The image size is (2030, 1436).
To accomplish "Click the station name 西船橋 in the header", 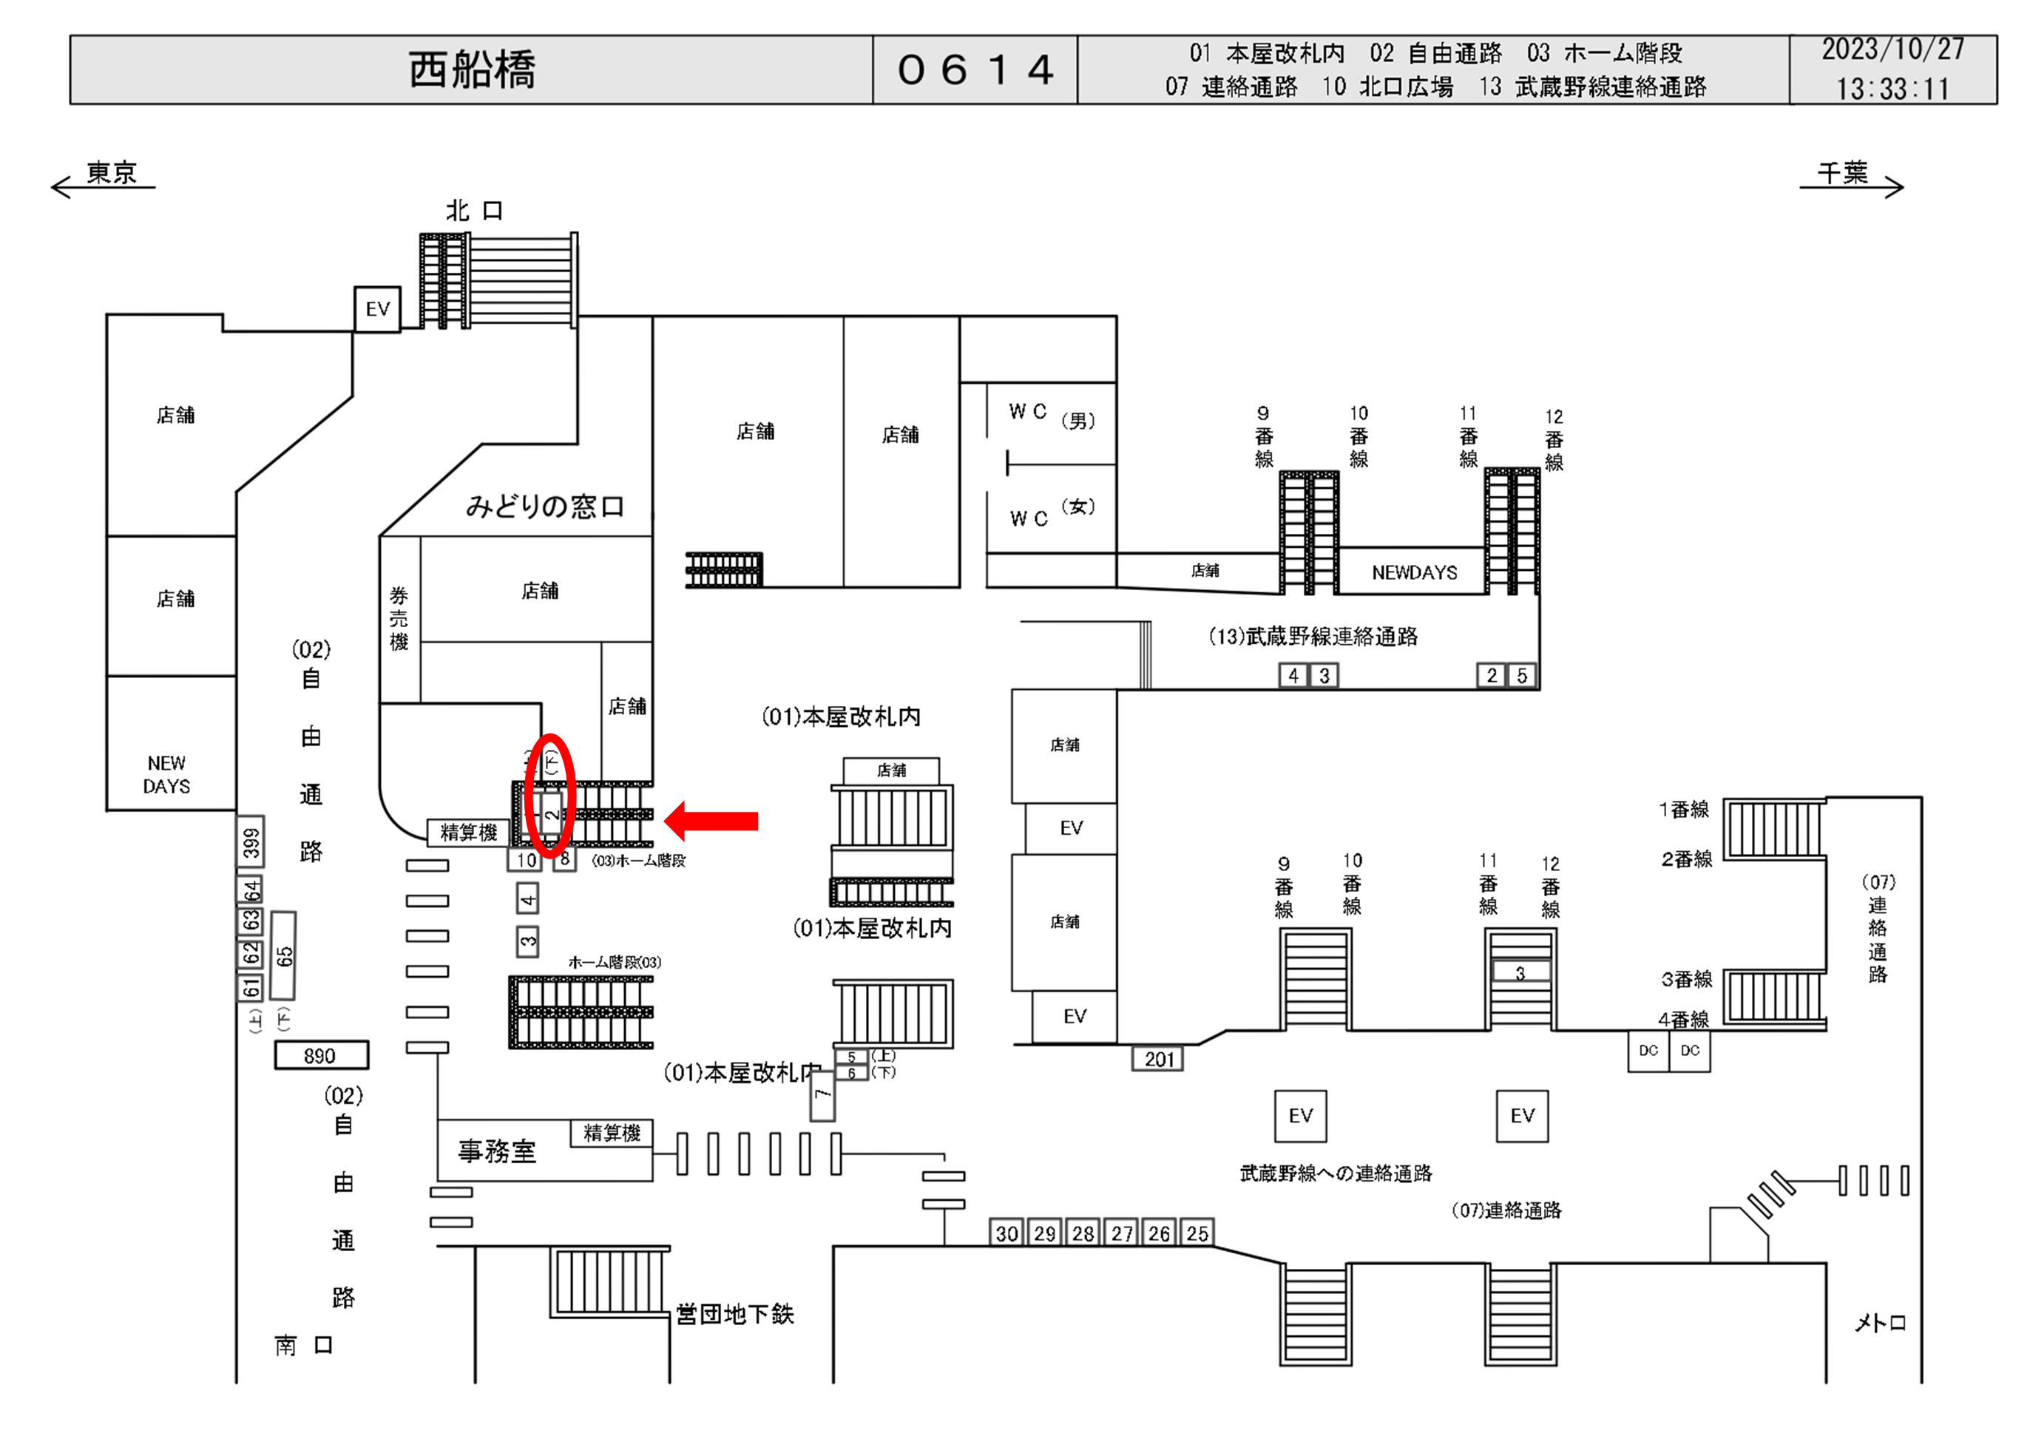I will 471,70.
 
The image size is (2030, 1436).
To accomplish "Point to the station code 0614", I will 975,70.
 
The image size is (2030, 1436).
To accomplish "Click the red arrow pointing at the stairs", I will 711,821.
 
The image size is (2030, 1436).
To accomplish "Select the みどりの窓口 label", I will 544,507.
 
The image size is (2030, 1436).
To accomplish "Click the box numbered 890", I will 320,1055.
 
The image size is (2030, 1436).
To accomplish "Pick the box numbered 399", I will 251,841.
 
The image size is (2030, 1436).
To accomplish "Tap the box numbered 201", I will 1158,1058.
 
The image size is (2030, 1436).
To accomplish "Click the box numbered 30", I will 1006,1233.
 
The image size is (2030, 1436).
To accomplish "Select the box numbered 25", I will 1197,1233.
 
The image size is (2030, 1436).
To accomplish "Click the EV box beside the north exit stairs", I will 378,308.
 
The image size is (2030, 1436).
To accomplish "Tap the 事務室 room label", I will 497,1151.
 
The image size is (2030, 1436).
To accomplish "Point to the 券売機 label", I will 399,618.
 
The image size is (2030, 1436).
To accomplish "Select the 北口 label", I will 474,211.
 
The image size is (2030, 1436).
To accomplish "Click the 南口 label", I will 303,1345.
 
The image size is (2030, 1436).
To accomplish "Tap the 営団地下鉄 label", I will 735,1314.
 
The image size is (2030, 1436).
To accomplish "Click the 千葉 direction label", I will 1843,172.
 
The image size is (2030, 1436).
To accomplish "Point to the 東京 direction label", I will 112,172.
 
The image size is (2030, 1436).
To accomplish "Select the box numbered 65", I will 284,955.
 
